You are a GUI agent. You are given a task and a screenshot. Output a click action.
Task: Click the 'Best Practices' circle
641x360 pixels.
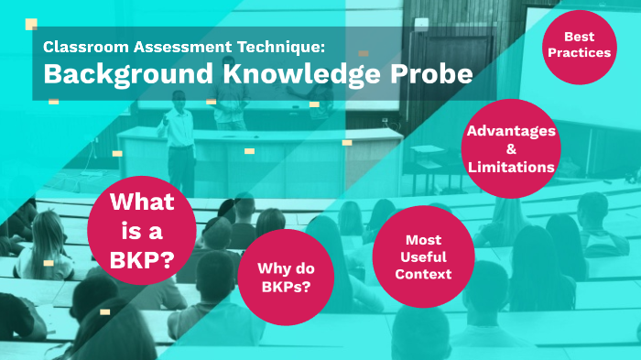579,46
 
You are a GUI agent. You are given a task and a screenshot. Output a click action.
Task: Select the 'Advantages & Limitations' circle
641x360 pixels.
511,148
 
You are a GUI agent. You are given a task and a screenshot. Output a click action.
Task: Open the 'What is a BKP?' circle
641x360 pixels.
142,230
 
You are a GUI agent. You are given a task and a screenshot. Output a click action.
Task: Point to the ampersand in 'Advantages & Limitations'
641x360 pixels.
511,148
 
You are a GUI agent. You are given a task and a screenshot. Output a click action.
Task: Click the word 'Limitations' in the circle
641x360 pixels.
511,167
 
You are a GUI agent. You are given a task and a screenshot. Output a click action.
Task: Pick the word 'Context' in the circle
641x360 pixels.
424,274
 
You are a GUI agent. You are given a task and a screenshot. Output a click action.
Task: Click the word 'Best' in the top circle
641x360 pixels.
579,37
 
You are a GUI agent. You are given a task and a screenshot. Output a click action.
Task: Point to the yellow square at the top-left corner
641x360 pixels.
31,24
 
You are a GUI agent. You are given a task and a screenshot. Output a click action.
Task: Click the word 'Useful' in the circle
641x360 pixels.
424,256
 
